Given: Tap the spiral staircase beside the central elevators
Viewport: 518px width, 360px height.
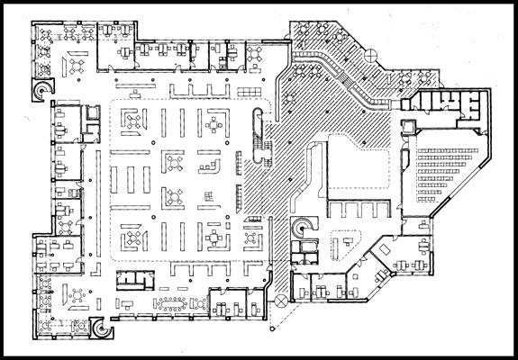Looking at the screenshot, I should pos(302,225).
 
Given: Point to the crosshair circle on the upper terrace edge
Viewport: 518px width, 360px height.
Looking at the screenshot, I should pos(372,56).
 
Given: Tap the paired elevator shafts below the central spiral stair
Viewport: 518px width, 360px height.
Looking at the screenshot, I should pos(304,253).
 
